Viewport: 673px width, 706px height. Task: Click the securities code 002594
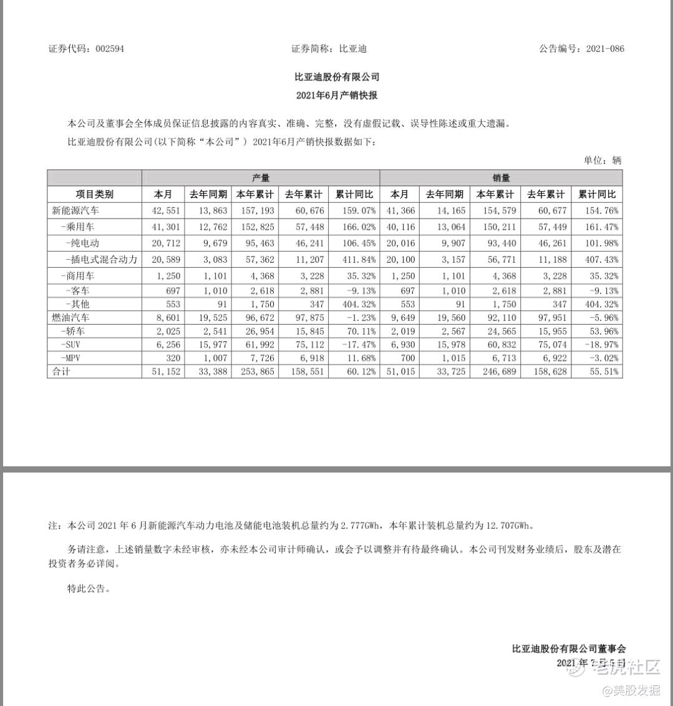tap(109, 49)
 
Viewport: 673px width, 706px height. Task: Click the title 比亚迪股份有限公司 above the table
tap(337, 77)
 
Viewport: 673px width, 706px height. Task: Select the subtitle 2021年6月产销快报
tap(337, 96)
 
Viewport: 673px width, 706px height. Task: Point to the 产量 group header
tap(261, 178)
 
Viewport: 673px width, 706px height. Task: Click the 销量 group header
tap(501, 178)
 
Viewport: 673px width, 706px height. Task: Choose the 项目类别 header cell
tap(95, 194)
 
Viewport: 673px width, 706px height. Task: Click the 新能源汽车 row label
tap(75, 211)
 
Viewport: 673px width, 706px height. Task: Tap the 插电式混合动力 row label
tap(101, 259)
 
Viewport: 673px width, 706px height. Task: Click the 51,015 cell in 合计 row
tap(400, 371)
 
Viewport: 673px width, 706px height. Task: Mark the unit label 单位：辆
tap(603, 160)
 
